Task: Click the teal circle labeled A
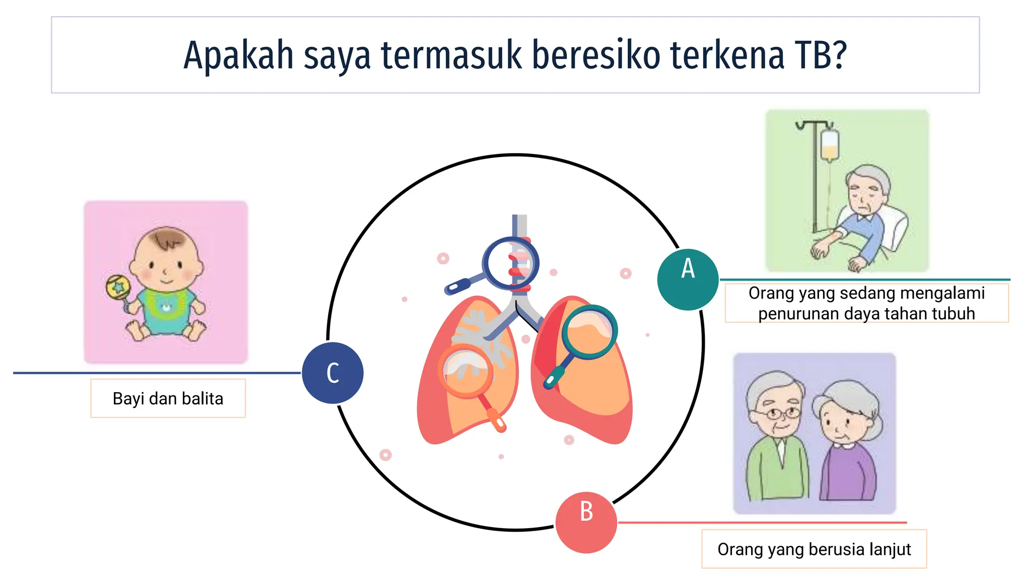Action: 688,279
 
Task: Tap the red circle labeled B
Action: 586,522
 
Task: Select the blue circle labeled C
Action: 333,373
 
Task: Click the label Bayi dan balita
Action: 168,398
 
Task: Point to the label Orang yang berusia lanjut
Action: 814,549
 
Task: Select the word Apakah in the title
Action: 238,55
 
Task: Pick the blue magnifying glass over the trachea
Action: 511,263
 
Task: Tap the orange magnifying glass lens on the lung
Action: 466,371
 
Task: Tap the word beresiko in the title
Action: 596,55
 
